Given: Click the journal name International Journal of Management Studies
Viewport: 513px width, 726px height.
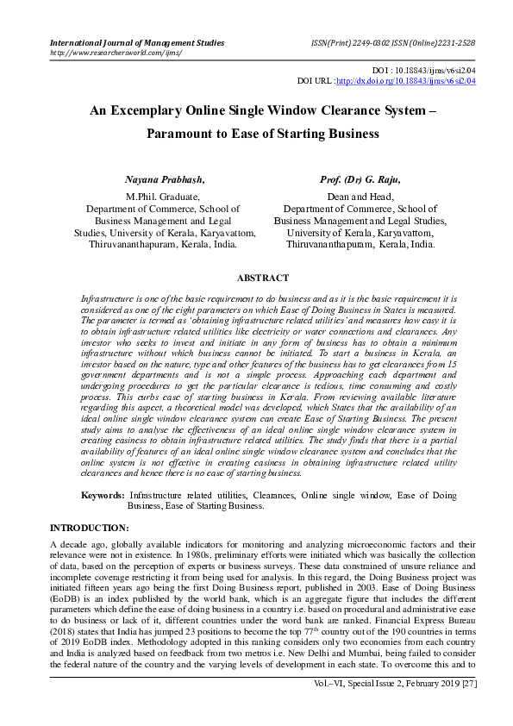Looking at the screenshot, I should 137,42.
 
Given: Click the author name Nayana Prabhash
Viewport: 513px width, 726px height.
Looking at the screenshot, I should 165,180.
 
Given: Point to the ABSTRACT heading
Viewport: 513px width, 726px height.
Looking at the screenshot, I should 263,279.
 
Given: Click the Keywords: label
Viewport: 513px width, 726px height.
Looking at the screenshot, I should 103,496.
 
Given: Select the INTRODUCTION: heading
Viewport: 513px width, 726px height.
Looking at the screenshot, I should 90,527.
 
